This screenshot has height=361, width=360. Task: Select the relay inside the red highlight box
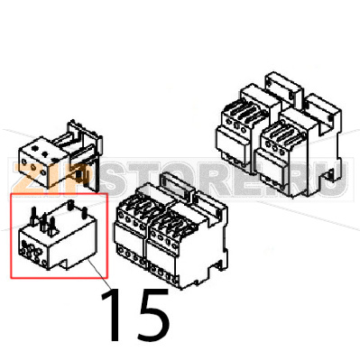click(x=55, y=238)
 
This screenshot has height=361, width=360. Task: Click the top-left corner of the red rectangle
click(x=10, y=193)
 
